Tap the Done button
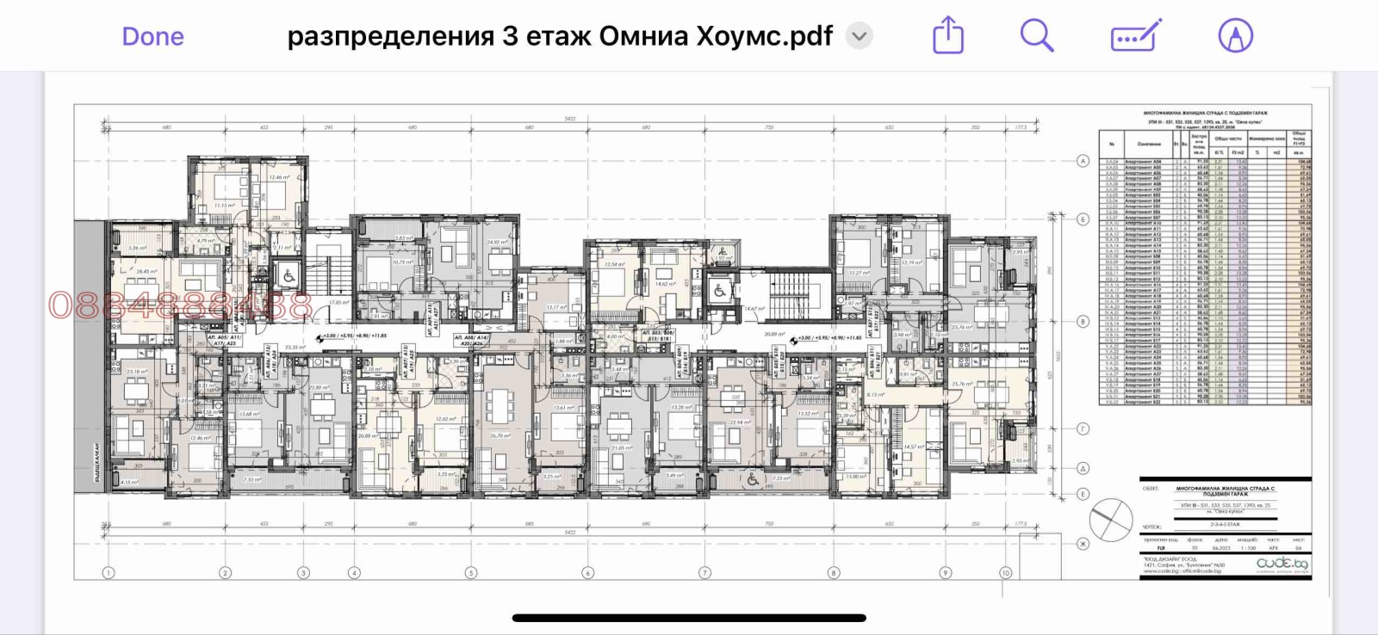[152, 36]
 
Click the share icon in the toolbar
[948, 36]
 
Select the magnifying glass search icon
[1036, 36]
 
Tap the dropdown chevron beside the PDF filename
[859, 36]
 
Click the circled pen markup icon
[1235, 36]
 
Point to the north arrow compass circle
[1110, 520]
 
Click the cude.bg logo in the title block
[1282, 564]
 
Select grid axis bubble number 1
[109, 572]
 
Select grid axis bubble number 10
[1005, 572]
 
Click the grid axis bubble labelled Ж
[1083, 543]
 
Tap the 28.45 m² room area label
[147, 272]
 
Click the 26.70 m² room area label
[500, 436]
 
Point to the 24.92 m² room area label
[497, 243]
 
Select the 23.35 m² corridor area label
[295, 348]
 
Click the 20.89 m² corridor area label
[774, 334]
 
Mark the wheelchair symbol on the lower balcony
[753, 479]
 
